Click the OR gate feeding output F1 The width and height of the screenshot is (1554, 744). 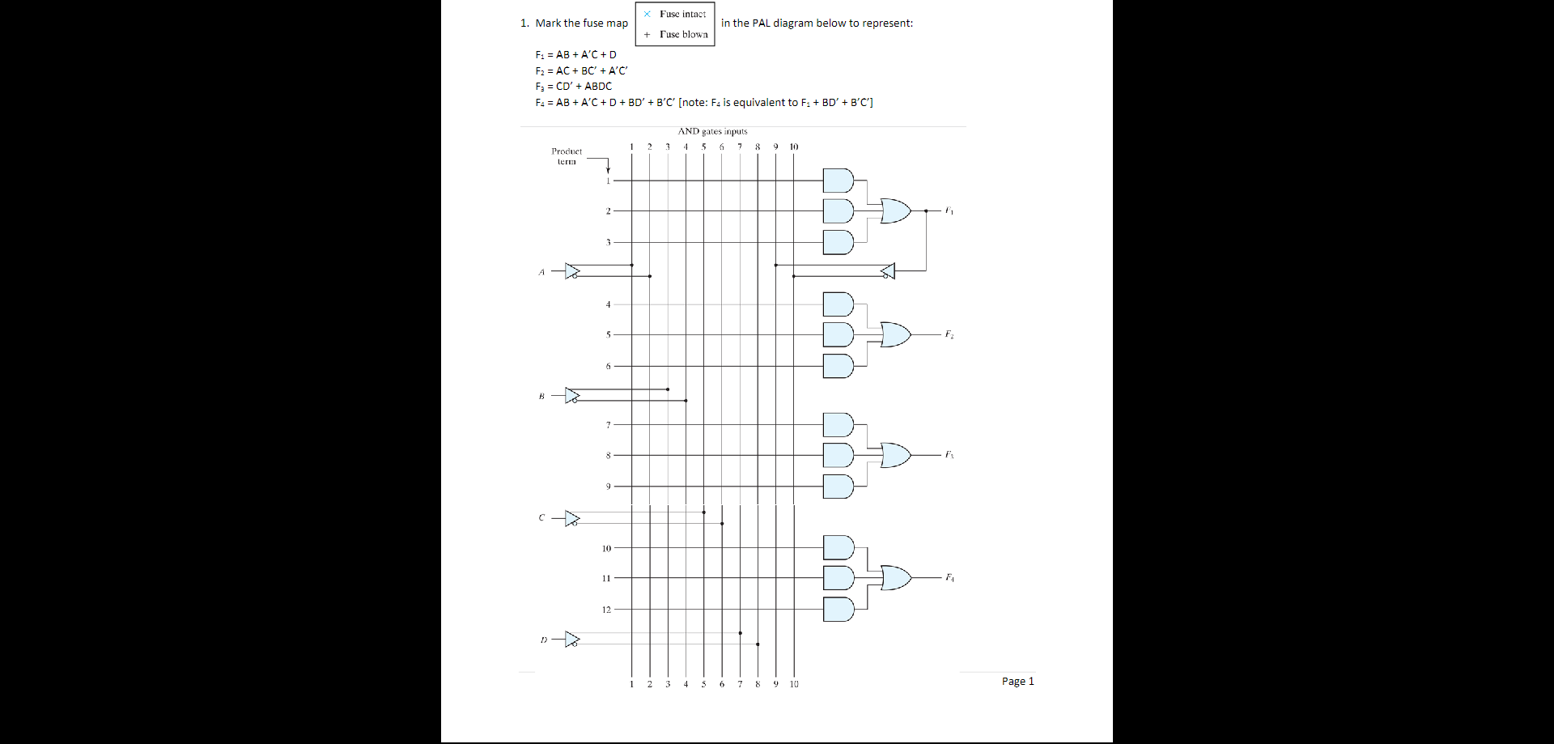pos(894,210)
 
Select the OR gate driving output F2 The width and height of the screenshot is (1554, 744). pos(894,334)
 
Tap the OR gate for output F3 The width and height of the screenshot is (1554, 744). pos(894,455)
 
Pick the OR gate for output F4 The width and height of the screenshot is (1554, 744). pos(894,578)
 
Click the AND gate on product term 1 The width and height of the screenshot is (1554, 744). pos(838,181)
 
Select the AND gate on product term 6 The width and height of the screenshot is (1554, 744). pos(838,366)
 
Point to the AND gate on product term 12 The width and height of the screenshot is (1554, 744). pos(838,609)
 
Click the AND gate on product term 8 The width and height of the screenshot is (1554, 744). pos(838,455)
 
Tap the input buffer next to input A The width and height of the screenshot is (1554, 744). pos(572,271)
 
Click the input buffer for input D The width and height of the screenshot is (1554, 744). pos(572,640)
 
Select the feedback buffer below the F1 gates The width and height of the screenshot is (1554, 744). pos(888,271)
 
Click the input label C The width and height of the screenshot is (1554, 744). pos(541,517)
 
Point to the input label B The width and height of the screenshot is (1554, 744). pos(541,396)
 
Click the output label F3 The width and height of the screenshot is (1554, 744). pos(949,455)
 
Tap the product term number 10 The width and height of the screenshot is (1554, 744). pos(606,549)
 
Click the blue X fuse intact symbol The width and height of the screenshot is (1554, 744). pos(647,14)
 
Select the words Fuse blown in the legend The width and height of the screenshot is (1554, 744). pos(683,34)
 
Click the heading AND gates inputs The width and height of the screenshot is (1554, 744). pos(712,131)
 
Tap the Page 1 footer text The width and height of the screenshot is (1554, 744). pos(1017,682)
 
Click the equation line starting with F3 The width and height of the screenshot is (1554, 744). pos(573,87)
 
